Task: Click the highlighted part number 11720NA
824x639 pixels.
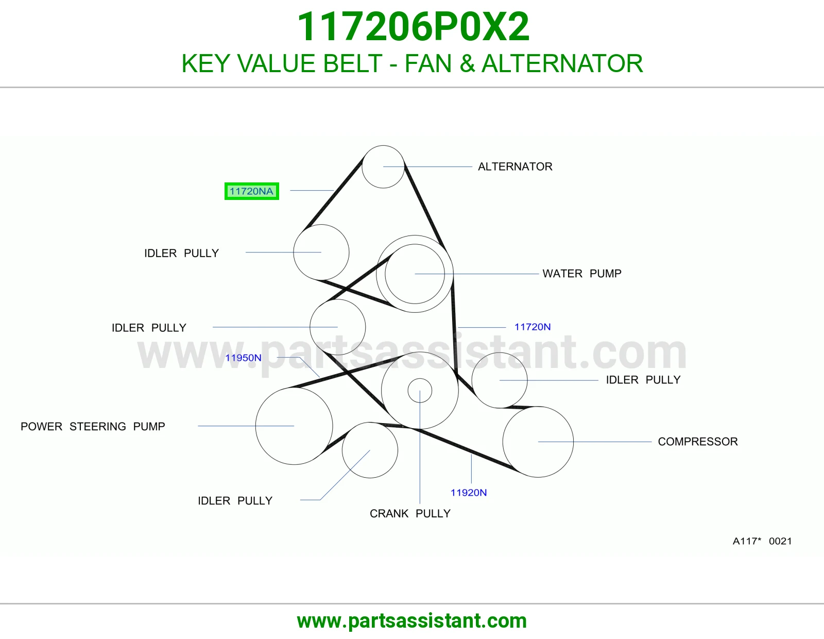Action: (251, 191)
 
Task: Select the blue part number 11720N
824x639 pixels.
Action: (533, 327)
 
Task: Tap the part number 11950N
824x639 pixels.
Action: (243, 358)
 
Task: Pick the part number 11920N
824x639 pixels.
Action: (468, 493)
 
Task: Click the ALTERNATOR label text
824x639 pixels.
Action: (515, 166)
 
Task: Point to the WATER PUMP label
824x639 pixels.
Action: (581, 273)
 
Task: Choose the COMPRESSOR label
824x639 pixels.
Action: (698, 441)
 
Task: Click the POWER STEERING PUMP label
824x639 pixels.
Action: (93, 426)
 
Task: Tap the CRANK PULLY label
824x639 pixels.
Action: (410, 513)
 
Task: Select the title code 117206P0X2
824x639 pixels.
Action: (413, 27)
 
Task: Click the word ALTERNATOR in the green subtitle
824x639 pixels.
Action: (562, 63)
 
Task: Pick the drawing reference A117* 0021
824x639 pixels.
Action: (762, 541)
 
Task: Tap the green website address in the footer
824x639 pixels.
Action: (412, 621)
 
